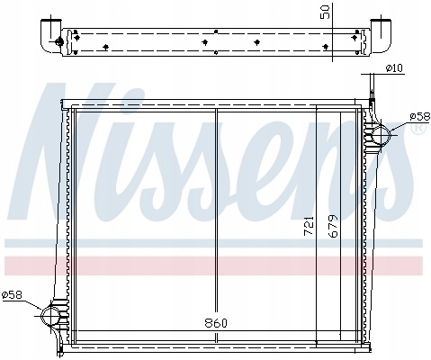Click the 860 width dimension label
(216, 323)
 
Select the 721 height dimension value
(309, 226)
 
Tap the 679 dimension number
(333, 226)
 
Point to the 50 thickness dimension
(325, 12)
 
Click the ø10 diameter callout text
(394, 68)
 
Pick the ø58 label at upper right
(420, 117)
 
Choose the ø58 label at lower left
(12, 295)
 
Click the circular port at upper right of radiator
(381, 135)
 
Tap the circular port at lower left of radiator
(50, 316)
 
